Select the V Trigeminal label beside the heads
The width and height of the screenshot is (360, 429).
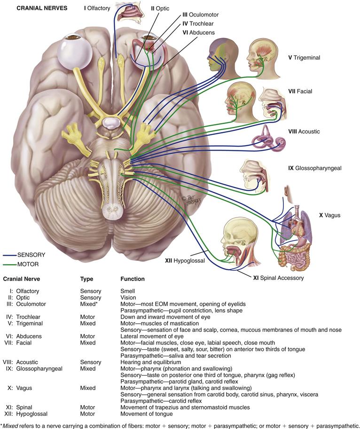point(304,57)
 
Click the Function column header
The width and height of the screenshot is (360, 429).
point(133,279)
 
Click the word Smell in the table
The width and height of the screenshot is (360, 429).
point(128,291)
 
